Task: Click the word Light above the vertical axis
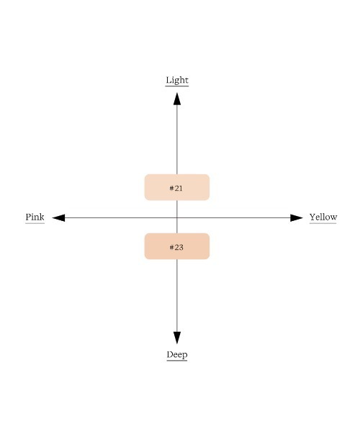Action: [x=177, y=80]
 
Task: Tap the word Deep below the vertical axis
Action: [x=177, y=354]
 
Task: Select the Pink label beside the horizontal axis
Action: [x=35, y=217]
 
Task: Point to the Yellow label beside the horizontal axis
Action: [x=323, y=217]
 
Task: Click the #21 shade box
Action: [x=177, y=187]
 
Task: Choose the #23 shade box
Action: [x=177, y=246]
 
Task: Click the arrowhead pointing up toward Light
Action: [x=177, y=99]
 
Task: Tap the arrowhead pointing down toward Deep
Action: [x=177, y=338]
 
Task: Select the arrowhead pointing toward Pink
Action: [x=58, y=217]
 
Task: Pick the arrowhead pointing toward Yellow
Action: [x=297, y=217]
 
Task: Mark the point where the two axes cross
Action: [x=177, y=217]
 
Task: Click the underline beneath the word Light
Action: [x=177, y=86]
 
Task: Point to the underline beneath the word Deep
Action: [x=177, y=360]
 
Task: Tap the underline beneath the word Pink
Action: [x=35, y=223]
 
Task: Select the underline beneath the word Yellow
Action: [x=323, y=223]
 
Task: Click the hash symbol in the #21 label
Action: [x=171, y=188]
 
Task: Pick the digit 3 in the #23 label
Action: [x=181, y=248]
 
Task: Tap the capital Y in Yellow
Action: [x=312, y=217]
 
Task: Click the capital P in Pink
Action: [x=28, y=217]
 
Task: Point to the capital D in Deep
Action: [x=170, y=354]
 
